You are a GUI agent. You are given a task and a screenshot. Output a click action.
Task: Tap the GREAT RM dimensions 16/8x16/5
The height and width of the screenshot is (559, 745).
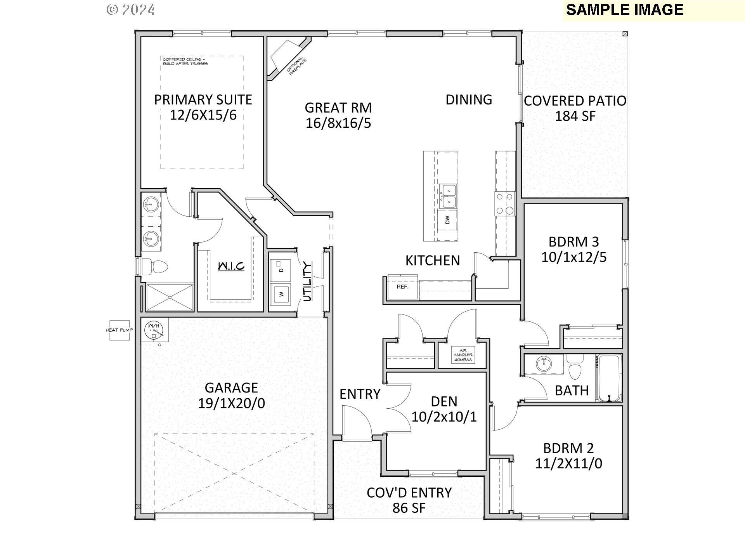[x=338, y=123]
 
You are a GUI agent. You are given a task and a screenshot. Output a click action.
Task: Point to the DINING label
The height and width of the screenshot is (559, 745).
[x=469, y=100]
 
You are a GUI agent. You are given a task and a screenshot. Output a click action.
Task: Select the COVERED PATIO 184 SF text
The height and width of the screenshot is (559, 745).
[x=575, y=108]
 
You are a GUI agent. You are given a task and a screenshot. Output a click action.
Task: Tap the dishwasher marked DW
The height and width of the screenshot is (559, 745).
[x=447, y=220]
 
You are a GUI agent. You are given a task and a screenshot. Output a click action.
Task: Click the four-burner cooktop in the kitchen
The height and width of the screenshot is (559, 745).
[x=505, y=203]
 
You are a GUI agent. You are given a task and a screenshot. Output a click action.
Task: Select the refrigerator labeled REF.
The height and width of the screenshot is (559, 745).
[x=403, y=287]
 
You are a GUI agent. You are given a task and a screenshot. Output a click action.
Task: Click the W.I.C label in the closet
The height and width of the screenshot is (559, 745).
[x=231, y=266]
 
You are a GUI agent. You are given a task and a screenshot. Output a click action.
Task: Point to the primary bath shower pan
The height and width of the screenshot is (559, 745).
[x=170, y=297]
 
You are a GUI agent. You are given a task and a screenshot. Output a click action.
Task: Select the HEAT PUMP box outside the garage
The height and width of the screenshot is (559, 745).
[x=120, y=330]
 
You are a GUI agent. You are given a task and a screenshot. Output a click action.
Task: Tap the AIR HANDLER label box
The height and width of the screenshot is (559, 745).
[x=463, y=355]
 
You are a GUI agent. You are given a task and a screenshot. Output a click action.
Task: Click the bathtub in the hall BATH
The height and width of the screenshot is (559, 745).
[x=609, y=378]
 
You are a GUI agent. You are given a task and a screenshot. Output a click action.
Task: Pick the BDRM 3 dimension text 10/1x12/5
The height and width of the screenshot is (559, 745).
[x=574, y=257]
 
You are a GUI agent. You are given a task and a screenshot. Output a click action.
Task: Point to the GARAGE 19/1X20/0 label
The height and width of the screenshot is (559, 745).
[x=232, y=395]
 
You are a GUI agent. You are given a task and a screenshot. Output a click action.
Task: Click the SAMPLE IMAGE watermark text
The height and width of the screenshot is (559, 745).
[x=624, y=10]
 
